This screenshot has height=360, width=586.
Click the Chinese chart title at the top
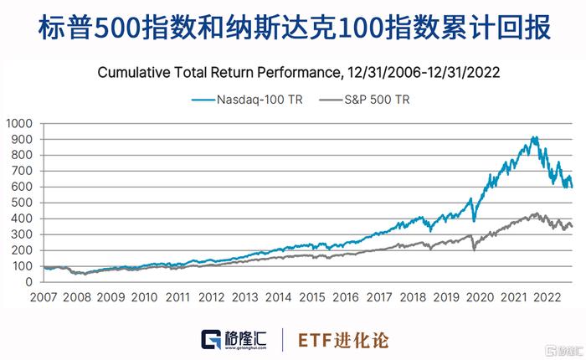coord(293,28)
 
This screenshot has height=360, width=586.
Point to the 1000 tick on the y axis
coord(18,123)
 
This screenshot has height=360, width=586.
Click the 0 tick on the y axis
coord(28,282)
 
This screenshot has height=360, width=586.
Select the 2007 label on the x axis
coord(44,297)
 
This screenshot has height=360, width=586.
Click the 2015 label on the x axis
coord(312,297)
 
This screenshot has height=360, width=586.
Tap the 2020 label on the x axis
coord(480,297)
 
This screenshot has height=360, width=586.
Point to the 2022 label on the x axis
coord(547,297)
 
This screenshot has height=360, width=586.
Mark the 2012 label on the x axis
coord(211,297)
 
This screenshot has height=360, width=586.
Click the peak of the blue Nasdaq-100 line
coord(533,137)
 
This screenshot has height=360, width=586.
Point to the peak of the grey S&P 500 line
coord(533,213)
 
